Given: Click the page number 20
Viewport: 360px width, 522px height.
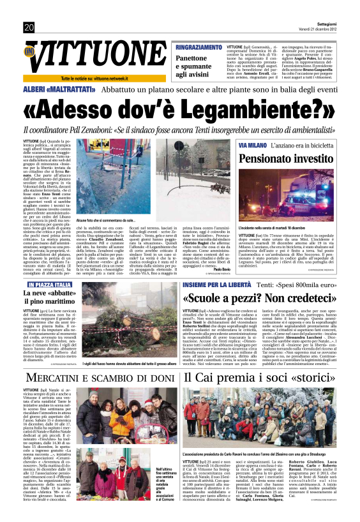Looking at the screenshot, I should coord(29,27).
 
